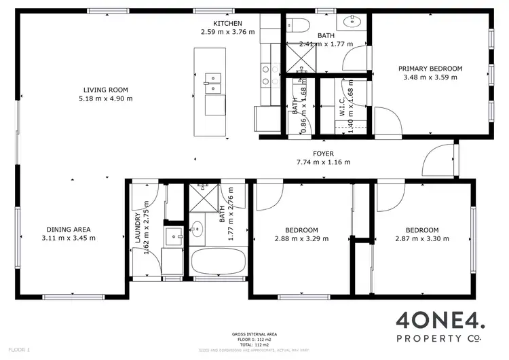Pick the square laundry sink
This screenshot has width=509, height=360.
pos(174,238)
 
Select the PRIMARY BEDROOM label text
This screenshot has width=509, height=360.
pos(430,68)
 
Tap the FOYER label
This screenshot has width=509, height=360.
pos(323,154)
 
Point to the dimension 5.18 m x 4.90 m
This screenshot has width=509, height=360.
pos(105,98)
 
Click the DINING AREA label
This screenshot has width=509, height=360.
pos(68,229)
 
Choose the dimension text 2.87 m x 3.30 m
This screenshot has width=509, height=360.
pos(421,238)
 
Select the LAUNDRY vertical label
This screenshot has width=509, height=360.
pos(138,228)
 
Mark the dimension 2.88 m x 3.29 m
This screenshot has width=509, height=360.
pos(301,238)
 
